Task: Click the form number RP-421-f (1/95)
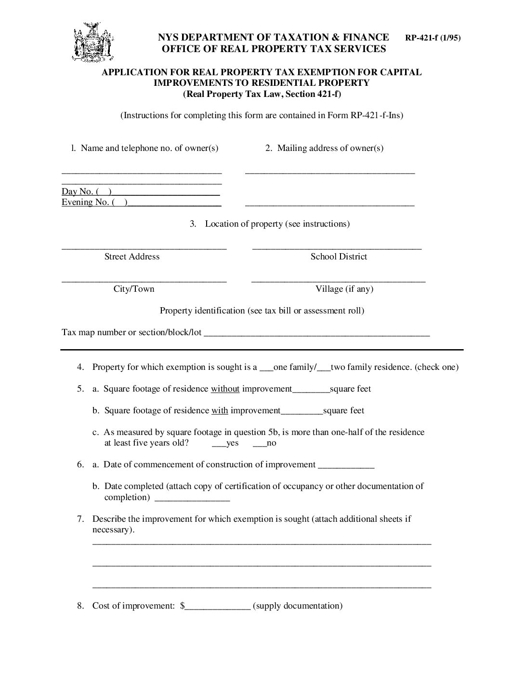pyautogui.click(x=432, y=38)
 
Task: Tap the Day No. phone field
pyautogui.click(x=166, y=191)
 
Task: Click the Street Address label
pyautogui.click(x=132, y=257)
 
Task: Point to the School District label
pyautogui.click(x=339, y=257)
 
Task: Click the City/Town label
pyautogui.click(x=134, y=289)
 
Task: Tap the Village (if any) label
pyautogui.click(x=344, y=289)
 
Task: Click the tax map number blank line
pyautogui.click(x=316, y=333)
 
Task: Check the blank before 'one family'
pyautogui.click(x=266, y=368)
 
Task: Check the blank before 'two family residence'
pyautogui.click(x=324, y=368)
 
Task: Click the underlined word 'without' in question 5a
pyautogui.click(x=225, y=389)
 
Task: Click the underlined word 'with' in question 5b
pyautogui.click(x=220, y=410)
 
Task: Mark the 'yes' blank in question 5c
pyautogui.click(x=219, y=444)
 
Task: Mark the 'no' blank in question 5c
pyautogui.click(x=259, y=444)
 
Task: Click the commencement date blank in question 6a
pyautogui.click(x=346, y=465)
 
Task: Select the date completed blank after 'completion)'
pyautogui.click(x=192, y=498)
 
